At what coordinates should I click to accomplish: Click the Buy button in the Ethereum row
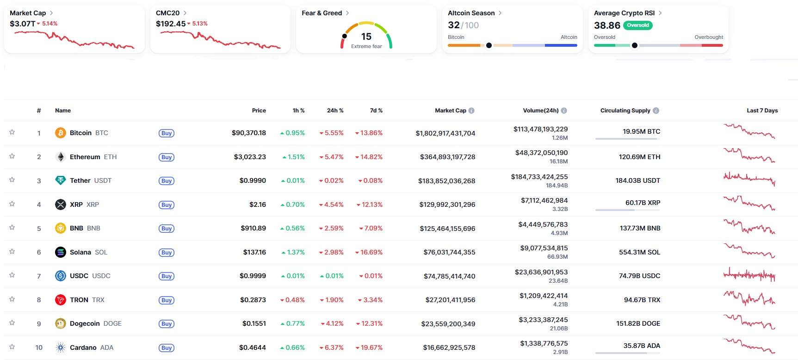pyautogui.click(x=167, y=157)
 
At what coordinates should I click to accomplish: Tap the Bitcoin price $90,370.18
pyautogui.click(x=248, y=133)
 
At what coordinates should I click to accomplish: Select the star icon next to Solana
pyautogui.click(x=12, y=252)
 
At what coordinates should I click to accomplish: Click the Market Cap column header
pyautogui.click(x=450, y=111)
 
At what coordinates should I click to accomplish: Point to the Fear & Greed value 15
pyautogui.click(x=366, y=37)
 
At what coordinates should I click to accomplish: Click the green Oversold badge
pyautogui.click(x=637, y=25)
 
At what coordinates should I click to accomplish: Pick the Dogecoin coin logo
pyautogui.click(x=61, y=323)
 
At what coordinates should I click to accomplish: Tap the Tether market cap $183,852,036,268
pyautogui.click(x=446, y=181)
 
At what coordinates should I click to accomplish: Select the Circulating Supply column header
pyautogui.click(x=625, y=111)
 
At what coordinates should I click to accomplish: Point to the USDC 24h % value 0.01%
pyautogui.click(x=332, y=276)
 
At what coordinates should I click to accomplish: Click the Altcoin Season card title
pyautogui.click(x=471, y=13)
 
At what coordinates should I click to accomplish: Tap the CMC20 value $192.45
pyautogui.click(x=171, y=24)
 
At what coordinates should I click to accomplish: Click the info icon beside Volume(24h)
pyautogui.click(x=564, y=111)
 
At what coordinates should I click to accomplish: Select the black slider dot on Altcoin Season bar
pyautogui.click(x=489, y=45)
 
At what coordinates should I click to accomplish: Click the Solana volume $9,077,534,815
pyautogui.click(x=544, y=248)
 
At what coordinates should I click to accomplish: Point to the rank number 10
pyautogui.click(x=39, y=348)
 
